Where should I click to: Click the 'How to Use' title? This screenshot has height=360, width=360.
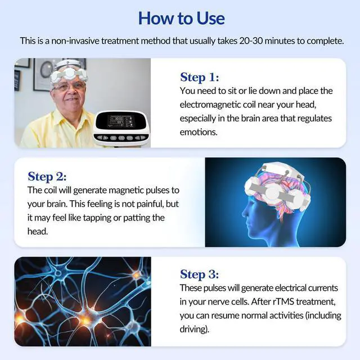point(181,18)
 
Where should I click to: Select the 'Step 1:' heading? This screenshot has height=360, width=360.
point(200,77)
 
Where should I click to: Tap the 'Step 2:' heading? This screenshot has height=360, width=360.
point(47,176)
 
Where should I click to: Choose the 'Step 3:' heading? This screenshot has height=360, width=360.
point(200,274)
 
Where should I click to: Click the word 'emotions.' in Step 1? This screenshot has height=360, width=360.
point(198,132)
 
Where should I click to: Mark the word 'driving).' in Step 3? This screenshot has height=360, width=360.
point(195,329)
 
